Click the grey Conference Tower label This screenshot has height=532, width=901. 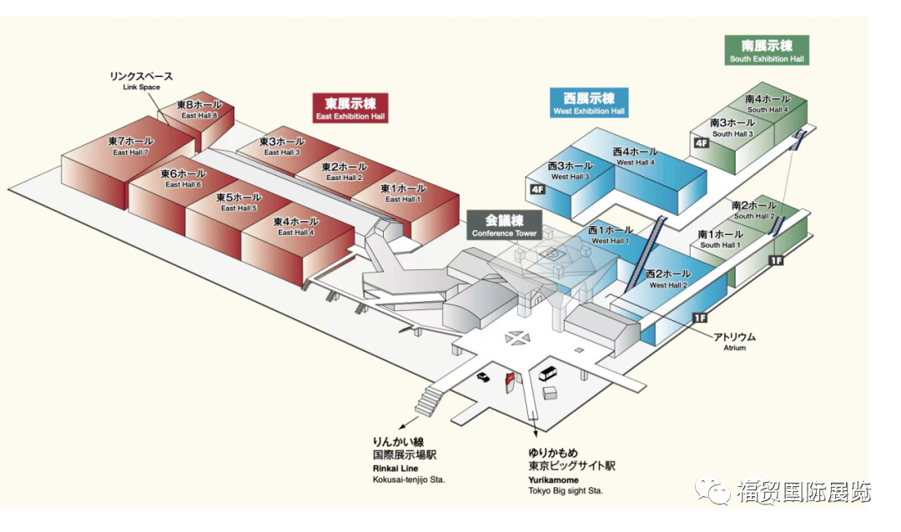[x=504, y=226]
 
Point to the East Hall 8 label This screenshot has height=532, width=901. [x=199, y=110]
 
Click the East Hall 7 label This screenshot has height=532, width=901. [x=131, y=146]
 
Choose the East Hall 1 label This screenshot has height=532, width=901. [x=403, y=193]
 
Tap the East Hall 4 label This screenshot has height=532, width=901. [x=296, y=227]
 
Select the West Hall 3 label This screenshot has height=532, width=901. [x=570, y=171]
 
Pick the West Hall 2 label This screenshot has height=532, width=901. [x=668, y=279]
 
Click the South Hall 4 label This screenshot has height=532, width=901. [x=768, y=104]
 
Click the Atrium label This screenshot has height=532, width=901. [x=734, y=341]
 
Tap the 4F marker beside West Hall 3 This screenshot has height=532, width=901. [x=537, y=190]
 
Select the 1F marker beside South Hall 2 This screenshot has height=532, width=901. [x=776, y=261]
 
